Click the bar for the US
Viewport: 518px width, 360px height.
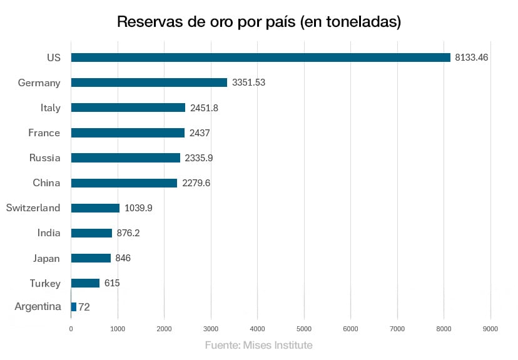pyautogui.click(x=260, y=57)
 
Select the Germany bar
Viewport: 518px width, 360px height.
pyautogui.click(x=149, y=82)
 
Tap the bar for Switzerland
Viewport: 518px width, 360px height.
pyautogui.click(x=95, y=208)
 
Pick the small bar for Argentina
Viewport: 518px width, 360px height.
pyautogui.click(x=74, y=307)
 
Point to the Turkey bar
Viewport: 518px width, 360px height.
pyautogui.click(x=85, y=283)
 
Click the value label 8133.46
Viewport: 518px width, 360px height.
pyautogui.click(x=472, y=57)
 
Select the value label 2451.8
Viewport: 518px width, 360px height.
pyautogui.click(x=204, y=107)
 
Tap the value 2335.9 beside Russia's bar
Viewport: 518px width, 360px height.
pyautogui.click(x=199, y=158)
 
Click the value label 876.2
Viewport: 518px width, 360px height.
pyautogui.click(x=128, y=233)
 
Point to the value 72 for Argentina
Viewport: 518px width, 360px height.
pyautogui.click(x=84, y=307)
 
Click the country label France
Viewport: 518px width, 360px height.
pyautogui.click(x=44, y=132)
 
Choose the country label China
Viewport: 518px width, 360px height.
pyautogui.click(x=46, y=183)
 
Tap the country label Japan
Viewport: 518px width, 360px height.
pyautogui.click(x=46, y=258)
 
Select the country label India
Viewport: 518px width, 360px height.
pyautogui.click(x=49, y=233)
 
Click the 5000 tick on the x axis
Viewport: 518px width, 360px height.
pyautogui.click(x=304, y=329)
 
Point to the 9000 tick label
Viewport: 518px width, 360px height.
pyautogui.click(x=490, y=329)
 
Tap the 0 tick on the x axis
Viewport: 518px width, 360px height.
pyautogui.click(x=71, y=329)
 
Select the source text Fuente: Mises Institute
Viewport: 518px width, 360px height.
pyautogui.click(x=258, y=345)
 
